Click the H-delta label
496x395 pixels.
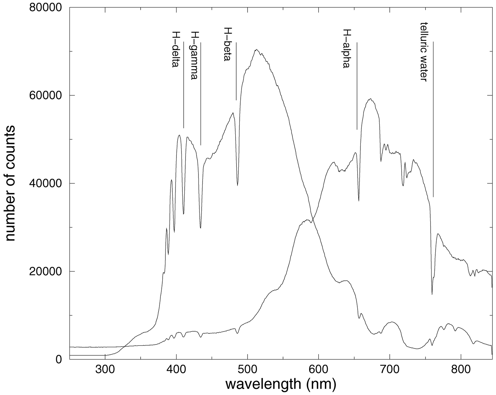click(x=176, y=50)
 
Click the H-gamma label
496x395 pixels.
click(x=194, y=55)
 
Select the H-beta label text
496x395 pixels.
click(x=227, y=44)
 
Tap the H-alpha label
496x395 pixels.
click(x=346, y=49)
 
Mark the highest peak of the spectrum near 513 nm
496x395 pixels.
click(x=257, y=49)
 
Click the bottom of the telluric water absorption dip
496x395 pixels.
click(x=432, y=294)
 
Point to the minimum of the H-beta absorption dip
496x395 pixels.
click(x=237, y=185)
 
